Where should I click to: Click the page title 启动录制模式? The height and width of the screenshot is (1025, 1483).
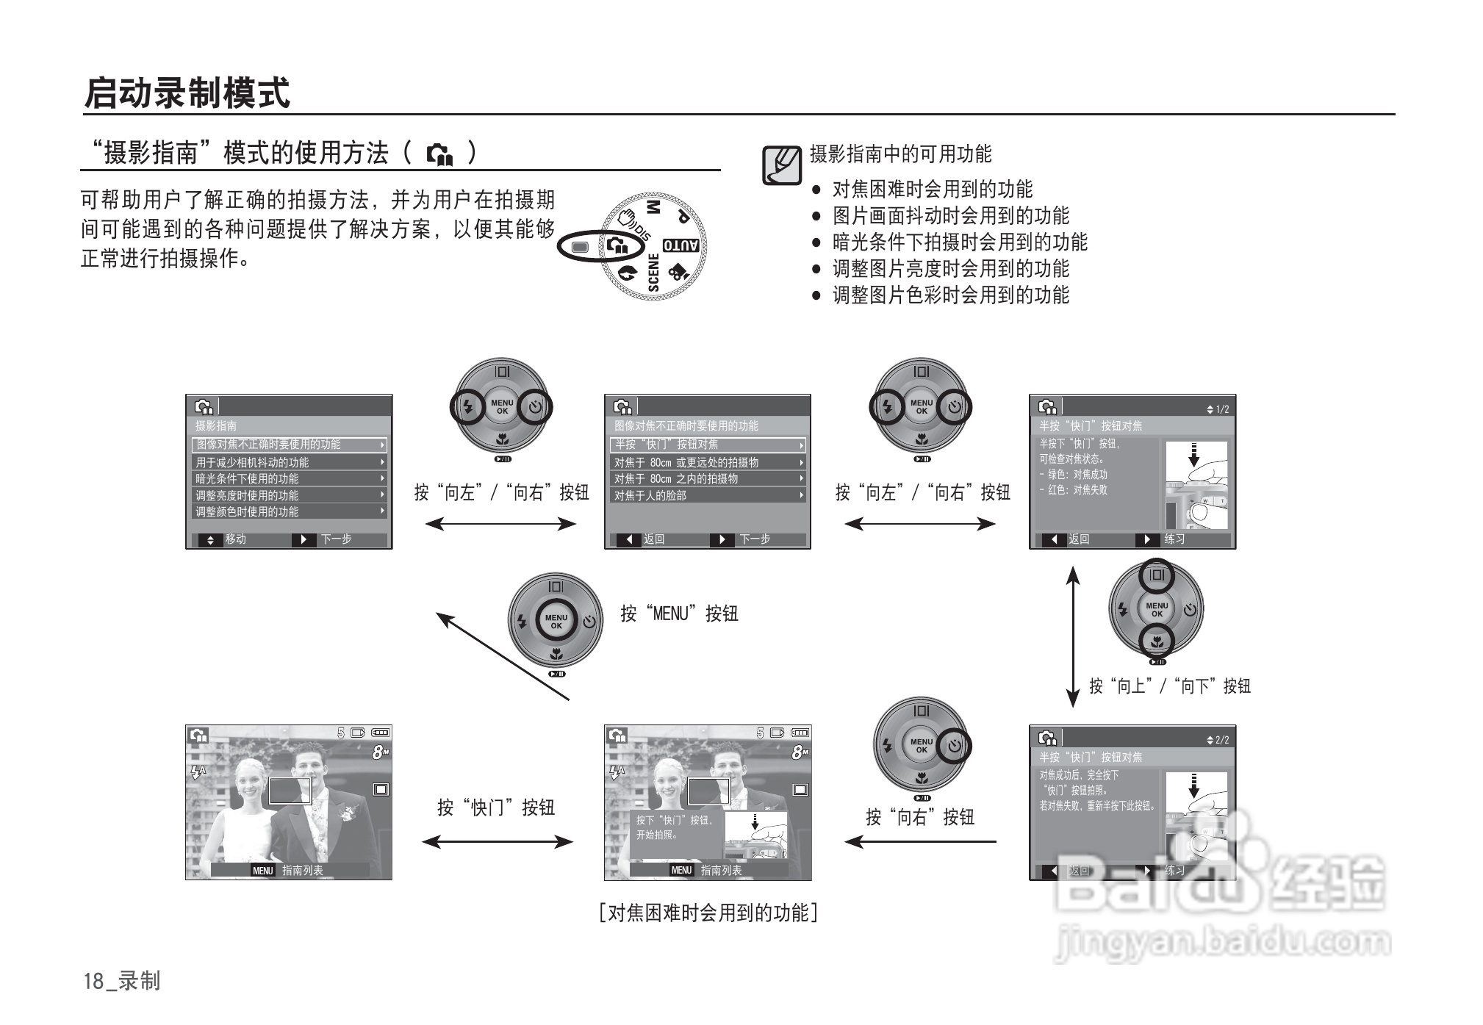click(187, 93)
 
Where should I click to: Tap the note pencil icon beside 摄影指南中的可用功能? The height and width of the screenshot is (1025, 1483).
click(781, 165)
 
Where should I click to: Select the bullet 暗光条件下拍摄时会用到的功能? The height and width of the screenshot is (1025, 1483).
click(959, 242)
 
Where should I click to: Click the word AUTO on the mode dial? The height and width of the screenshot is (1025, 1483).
click(681, 245)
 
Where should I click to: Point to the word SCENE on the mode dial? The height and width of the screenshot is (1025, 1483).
click(653, 273)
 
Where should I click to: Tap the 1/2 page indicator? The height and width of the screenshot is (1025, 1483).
click(1218, 409)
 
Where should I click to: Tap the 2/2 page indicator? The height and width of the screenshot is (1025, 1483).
click(1218, 740)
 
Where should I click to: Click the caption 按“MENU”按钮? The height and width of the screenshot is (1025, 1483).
click(679, 614)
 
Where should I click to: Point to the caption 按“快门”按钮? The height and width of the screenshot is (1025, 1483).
click(495, 808)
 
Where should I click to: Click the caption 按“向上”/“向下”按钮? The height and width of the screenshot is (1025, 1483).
click(1169, 686)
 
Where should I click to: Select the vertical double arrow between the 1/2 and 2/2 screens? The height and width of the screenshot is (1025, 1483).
click(1073, 636)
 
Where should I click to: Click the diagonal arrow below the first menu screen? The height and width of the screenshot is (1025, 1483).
click(503, 655)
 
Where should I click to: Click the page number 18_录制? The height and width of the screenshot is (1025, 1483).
click(121, 981)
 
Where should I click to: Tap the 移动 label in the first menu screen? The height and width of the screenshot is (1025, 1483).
click(235, 539)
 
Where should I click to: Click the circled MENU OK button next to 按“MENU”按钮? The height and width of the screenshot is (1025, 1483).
click(556, 622)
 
